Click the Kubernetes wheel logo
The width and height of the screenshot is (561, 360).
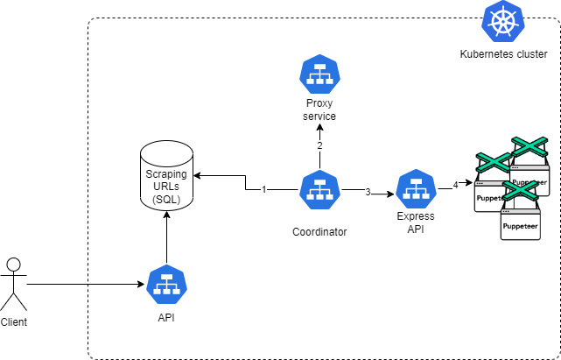[502, 21]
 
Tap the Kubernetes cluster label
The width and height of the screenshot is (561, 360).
[503, 54]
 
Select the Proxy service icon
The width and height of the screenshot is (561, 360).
[319, 74]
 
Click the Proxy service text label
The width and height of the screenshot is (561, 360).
[319, 109]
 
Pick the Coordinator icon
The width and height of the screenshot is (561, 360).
[319, 189]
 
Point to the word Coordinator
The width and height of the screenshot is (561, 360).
[319, 232]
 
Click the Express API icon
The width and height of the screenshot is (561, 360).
[417, 189]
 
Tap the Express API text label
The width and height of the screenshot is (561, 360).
[416, 222]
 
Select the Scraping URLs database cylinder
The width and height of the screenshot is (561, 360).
[167, 175]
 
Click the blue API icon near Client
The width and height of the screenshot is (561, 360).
[167, 285]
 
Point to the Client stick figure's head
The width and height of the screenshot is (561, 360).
[14, 265]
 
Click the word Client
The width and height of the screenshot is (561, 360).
[14, 321]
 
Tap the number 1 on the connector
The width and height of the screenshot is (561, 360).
[264, 189]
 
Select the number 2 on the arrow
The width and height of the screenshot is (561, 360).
[319, 145]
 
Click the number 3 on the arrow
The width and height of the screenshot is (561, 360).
[368, 193]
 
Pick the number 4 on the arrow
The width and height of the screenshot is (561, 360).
[455, 185]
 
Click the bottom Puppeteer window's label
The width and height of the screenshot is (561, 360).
[520, 226]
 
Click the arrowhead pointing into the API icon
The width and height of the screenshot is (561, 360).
[141, 285]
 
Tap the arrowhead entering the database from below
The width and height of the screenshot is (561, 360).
[167, 215]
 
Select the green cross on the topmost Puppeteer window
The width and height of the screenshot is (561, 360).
[529, 146]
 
